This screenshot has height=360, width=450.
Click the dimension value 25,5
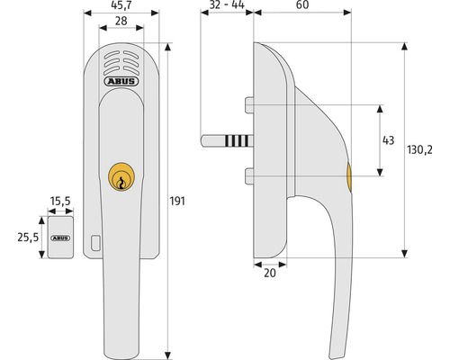[x=28, y=238]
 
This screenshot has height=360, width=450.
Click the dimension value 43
[x=390, y=140]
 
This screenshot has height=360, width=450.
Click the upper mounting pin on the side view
[x=249, y=110]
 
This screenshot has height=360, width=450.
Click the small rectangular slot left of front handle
[x=96, y=242]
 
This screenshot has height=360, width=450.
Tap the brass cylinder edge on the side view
[x=348, y=178]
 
